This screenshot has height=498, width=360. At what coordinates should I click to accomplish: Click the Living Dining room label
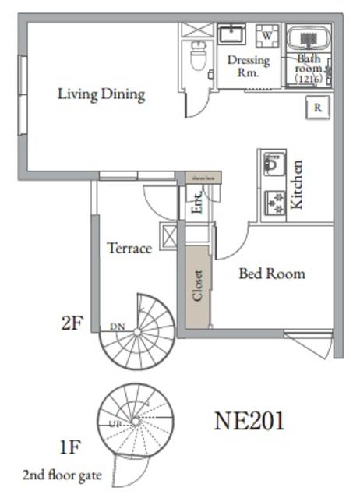pyautogui.click(x=101, y=94)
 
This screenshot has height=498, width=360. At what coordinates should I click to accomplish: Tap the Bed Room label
pyautogui.click(x=271, y=274)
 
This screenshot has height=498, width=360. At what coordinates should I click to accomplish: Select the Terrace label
pyautogui.click(x=129, y=249)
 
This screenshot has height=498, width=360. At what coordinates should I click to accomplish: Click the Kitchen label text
pyautogui.click(x=297, y=185)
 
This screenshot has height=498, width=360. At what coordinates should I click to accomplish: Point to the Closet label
pyautogui.click(x=198, y=286)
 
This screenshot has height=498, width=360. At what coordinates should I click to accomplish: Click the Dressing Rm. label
pyautogui.click(x=248, y=66)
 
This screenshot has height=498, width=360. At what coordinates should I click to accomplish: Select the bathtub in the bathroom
pyautogui.click(x=309, y=41)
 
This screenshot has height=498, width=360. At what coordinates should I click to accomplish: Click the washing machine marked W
pyautogui.click(x=267, y=36)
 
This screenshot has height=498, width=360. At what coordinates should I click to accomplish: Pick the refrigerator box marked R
pyautogui.click(x=318, y=108)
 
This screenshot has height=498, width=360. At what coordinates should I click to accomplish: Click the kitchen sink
pyautogui.click(x=273, y=164)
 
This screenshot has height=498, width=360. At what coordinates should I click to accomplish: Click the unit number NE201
pyautogui.click(x=249, y=422)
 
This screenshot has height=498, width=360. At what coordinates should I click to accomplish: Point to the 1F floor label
pyautogui.click(x=71, y=448)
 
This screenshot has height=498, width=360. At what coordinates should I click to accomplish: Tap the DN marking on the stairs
pyautogui.click(x=117, y=326)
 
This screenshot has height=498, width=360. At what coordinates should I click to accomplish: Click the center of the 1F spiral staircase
pyautogui.click(x=136, y=420)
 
